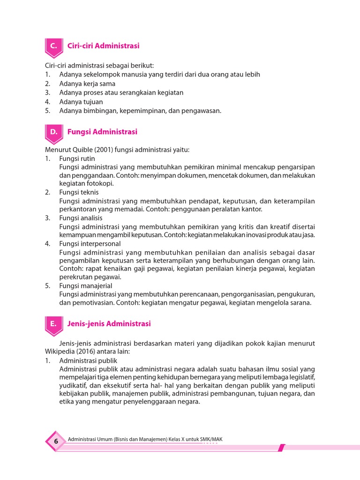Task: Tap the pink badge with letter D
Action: pyautogui.click(x=54, y=133)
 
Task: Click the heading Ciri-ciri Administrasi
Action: pyautogui.click(x=103, y=46)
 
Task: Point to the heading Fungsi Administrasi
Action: pyautogui.click(x=102, y=132)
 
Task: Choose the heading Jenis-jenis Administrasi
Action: pyautogui.click(x=109, y=323)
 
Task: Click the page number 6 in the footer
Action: pyautogui.click(x=56, y=441)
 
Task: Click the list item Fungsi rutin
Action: pyautogui.click(x=77, y=158)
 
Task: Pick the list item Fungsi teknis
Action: pyautogui.click(x=79, y=192)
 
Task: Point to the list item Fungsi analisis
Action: pyautogui.click(x=81, y=218)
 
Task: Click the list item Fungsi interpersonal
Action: pyautogui.click(x=90, y=244)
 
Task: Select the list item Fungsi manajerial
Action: pyautogui.click(x=86, y=285)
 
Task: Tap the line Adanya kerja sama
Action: pyautogui.click(x=87, y=83)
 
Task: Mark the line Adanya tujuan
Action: pyautogui.click(x=81, y=101)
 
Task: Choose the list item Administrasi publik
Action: pyautogui.click(x=88, y=360)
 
